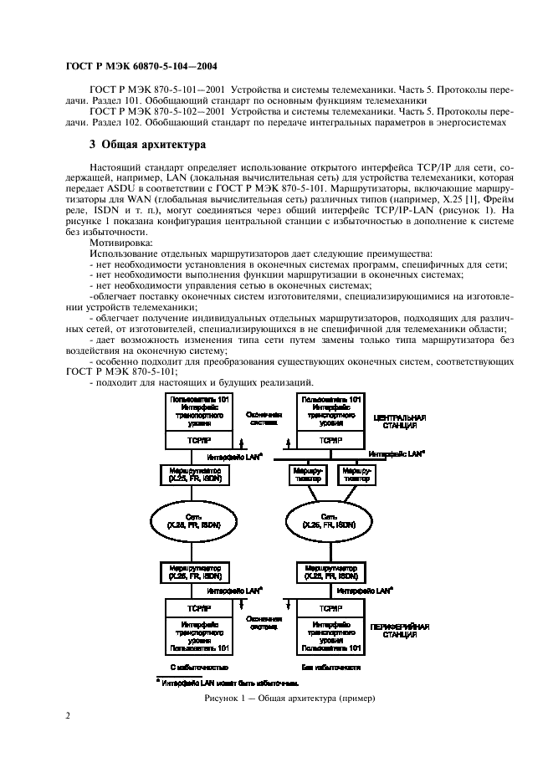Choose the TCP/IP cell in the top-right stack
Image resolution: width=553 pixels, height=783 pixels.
click(x=330, y=440)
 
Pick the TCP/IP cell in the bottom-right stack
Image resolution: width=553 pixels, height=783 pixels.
click(x=330, y=609)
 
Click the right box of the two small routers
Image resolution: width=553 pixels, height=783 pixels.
click(x=354, y=476)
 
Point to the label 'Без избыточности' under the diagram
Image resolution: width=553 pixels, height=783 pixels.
click(x=331, y=668)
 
